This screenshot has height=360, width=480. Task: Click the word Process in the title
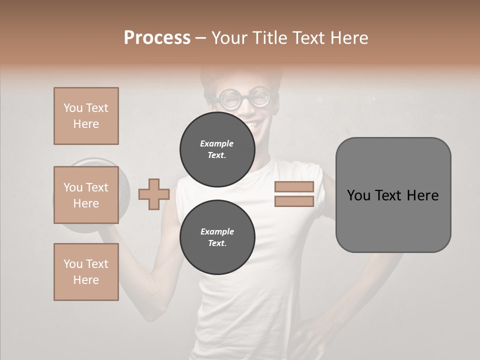click(157, 38)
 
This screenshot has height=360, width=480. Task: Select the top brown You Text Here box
click(86, 116)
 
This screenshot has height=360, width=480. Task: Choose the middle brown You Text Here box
click(86, 195)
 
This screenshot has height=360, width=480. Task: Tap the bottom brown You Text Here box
click(86, 272)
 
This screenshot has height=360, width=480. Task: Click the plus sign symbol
click(154, 194)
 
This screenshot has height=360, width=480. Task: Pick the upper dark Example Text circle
click(217, 149)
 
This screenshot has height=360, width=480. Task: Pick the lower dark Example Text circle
click(217, 237)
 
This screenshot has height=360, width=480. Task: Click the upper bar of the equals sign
click(294, 187)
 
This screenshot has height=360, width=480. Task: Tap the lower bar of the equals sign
click(294, 201)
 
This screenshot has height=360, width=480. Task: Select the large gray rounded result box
click(393, 195)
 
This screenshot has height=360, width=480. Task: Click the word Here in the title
click(348, 38)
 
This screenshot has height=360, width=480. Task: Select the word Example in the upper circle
click(216, 143)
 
